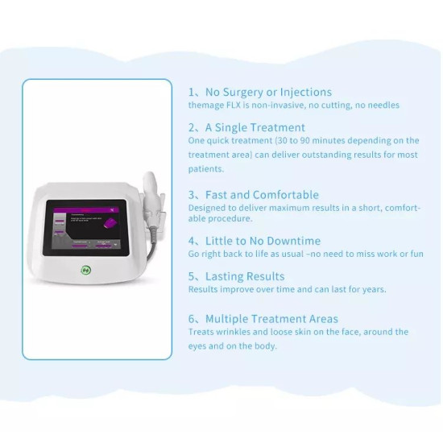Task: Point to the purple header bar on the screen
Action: point(86,207)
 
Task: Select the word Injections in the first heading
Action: point(306,92)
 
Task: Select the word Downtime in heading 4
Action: point(293,241)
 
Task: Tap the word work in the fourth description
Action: point(385,254)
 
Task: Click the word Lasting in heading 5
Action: point(225,276)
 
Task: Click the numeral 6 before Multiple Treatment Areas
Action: point(192,319)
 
